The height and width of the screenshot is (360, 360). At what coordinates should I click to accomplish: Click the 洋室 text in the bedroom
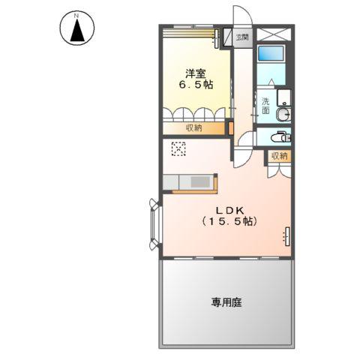(196, 73)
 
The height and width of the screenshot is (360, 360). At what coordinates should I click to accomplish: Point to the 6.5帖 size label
(196, 85)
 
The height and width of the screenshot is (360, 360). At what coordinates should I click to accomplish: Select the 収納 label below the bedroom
(194, 128)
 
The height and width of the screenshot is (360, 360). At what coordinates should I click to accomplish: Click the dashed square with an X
(179, 148)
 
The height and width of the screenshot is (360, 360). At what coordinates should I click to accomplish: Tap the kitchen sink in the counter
(200, 182)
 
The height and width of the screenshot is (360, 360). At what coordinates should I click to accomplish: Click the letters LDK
(228, 209)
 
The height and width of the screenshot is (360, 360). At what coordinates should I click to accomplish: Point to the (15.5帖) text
(228, 222)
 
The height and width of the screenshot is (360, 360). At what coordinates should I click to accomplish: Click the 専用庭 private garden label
(226, 303)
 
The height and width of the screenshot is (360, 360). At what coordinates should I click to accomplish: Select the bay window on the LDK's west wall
(154, 223)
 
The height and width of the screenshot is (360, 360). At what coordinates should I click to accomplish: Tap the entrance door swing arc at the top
(240, 16)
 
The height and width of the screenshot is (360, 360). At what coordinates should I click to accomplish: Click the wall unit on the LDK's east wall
(286, 235)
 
